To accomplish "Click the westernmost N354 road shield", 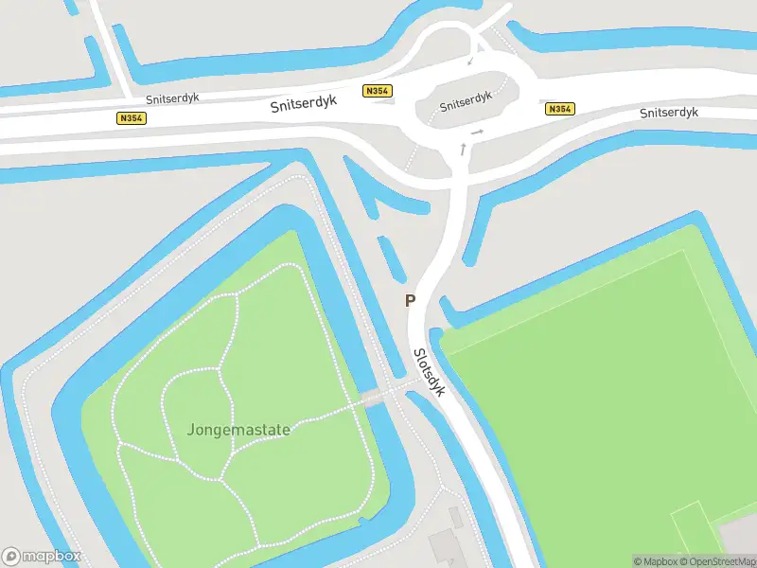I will (131, 118).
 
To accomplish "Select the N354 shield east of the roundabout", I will (560, 109).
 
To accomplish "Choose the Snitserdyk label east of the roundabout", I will (668, 113).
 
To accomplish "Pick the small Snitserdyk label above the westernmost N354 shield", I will (172, 98).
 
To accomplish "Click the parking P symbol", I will (410, 301).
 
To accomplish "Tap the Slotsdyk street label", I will (427, 371).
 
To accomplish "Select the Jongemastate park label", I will (238, 429).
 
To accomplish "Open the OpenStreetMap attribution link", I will (714, 561).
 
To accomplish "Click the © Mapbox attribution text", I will (654, 561).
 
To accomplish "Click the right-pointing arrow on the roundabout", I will (478, 132).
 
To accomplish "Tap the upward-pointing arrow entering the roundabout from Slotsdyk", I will (463, 148).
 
